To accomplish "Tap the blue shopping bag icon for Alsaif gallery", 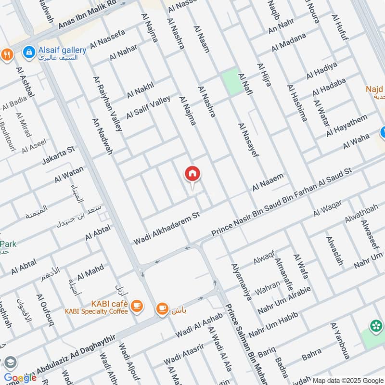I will (30, 51).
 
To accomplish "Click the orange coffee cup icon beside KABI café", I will (137, 305).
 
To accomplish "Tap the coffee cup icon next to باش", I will (162, 308).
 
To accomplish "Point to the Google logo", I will (20, 377).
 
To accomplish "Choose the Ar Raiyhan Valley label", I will (107, 103).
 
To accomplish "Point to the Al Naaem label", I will (268, 183).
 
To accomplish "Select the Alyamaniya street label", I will (242, 282).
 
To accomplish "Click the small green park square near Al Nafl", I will (230, 81).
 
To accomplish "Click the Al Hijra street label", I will (264, 75).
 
